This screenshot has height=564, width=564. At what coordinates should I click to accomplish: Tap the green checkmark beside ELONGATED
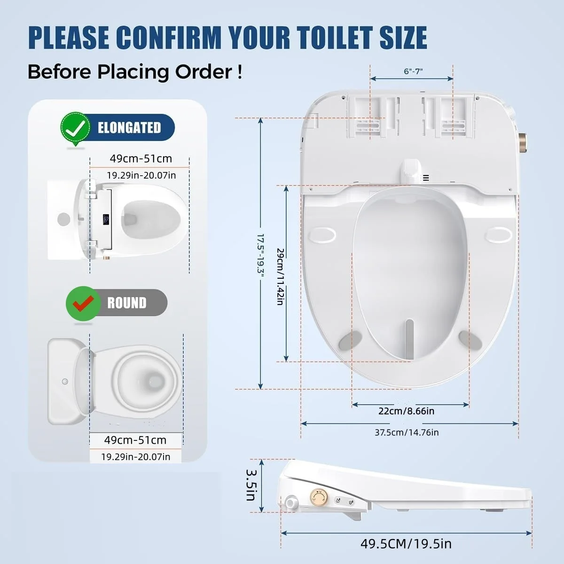tap(76, 128)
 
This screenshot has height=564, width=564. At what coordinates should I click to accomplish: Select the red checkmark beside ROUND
tap(83, 303)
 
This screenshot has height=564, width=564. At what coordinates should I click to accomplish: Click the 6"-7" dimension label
tap(413, 71)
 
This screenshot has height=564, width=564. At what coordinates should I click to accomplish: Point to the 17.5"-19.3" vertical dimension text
tap(261, 253)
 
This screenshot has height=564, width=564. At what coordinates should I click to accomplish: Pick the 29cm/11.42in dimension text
tap(281, 276)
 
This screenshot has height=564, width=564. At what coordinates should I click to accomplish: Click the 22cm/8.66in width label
tap(406, 411)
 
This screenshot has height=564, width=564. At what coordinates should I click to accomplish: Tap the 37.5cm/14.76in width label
tap(407, 432)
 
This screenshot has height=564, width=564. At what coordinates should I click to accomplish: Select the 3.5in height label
tap(251, 485)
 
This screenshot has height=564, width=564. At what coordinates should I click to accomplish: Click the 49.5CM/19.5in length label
tap(406, 543)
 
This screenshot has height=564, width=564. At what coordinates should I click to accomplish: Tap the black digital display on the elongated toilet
tap(106, 219)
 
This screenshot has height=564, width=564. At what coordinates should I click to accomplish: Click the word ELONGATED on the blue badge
tap(129, 128)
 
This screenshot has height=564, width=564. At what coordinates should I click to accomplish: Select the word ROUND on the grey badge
tap(127, 303)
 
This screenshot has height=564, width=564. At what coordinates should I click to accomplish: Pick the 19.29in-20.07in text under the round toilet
tap(135, 456)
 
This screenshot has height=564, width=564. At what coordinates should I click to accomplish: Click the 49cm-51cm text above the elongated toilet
tap(141, 158)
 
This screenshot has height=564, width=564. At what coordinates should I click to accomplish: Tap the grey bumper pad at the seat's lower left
tap(350, 340)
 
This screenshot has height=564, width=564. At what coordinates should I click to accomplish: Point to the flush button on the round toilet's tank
tap(65, 381)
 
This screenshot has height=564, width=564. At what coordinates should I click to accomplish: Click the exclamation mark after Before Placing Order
tap(240, 72)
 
